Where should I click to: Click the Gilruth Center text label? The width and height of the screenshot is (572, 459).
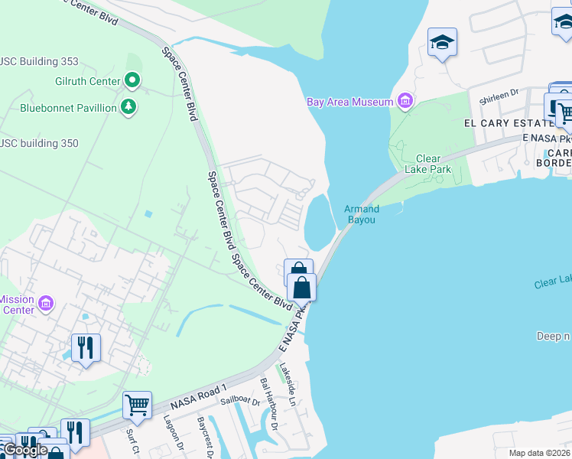pos(87,81)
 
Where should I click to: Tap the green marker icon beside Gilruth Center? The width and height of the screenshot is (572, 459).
pos(132,80)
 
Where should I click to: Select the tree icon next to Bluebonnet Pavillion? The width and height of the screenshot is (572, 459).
pos(129,107)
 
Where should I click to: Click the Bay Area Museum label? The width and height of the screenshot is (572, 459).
pos(349,102)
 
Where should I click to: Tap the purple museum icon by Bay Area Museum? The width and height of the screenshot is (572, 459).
pos(405,101)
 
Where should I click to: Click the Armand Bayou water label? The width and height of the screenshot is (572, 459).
pos(362,213)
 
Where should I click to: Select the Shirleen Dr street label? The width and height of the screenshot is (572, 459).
pos(499,96)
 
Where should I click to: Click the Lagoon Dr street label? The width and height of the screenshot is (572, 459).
pos(171,434)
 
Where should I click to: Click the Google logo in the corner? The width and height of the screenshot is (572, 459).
pos(24,449)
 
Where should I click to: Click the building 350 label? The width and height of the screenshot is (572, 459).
pos(40,143)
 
